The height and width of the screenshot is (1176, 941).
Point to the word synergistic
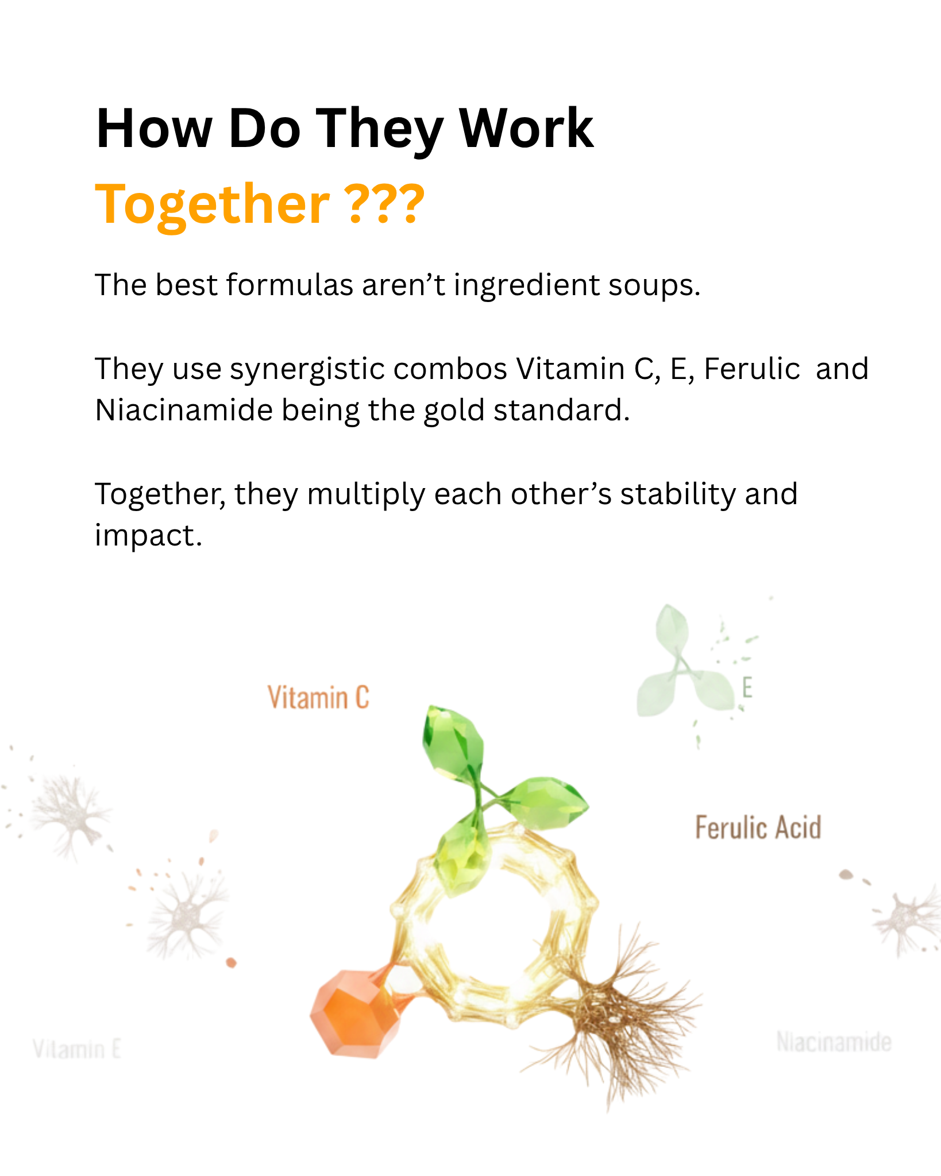[311, 369]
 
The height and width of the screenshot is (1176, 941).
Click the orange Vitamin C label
[318, 698]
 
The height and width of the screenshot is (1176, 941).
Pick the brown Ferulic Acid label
[758, 828]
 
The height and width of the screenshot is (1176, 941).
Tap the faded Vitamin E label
[77, 1050]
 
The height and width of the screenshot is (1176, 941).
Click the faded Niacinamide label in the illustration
[834, 1042]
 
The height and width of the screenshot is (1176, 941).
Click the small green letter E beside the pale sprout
[747, 687]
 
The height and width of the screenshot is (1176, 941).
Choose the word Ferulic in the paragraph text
[751, 369]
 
